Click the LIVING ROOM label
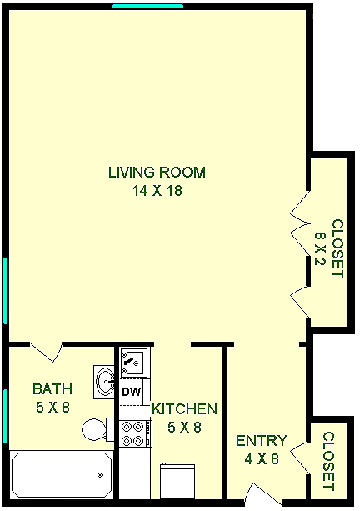[x=157, y=172]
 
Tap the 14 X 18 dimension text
[x=157, y=191]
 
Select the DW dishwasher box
[x=132, y=392]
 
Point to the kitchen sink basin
[x=134, y=363]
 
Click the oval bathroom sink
[x=104, y=382]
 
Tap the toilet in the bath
[x=97, y=429]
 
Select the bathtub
[x=62, y=474]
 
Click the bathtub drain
[x=100, y=475]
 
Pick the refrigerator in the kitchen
[x=177, y=481]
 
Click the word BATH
[x=52, y=388]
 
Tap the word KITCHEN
[x=184, y=409]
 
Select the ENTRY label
[x=262, y=441]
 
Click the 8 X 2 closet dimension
[x=320, y=248]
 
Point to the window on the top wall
[x=147, y=6]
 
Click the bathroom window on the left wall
[x=5, y=416]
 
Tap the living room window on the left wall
[x=5, y=291]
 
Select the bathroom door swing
[x=46, y=352]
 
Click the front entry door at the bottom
[x=264, y=494]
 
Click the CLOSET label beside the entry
[x=329, y=461]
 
